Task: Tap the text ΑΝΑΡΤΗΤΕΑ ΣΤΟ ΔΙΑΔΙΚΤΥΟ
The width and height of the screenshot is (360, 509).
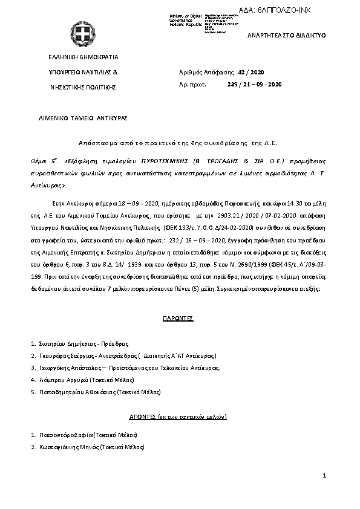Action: coord(287,36)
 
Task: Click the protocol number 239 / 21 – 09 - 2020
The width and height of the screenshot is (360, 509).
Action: coord(254,84)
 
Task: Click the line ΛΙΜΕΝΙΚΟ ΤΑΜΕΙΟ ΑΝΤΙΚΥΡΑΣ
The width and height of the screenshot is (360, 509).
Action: coord(83,118)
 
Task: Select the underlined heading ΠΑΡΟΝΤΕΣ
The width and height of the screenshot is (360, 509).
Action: coord(177,317)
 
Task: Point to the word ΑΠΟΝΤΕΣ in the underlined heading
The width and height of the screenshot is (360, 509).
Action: coord(142,417)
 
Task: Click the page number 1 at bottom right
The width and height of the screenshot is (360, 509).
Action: coord(324,476)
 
